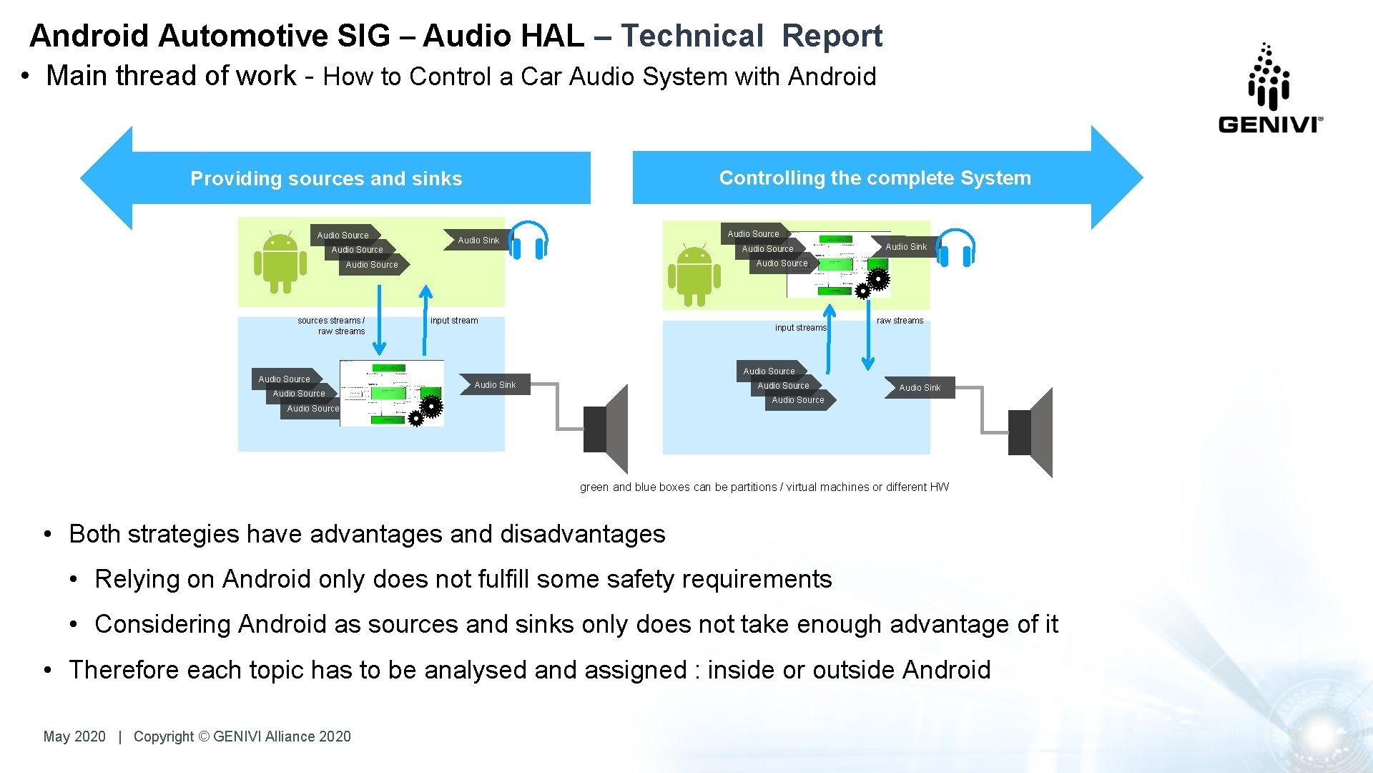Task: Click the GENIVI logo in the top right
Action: [x=1270, y=89]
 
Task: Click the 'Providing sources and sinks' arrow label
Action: [x=326, y=178]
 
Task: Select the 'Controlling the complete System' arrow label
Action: [x=875, y=178]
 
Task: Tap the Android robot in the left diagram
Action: [x=280, y=262]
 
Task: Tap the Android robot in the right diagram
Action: [x=694, y=276]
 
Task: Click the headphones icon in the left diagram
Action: [x=528, y=240]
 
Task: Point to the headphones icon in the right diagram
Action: [x=955, y=248]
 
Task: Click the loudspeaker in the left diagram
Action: [x=606, y=429]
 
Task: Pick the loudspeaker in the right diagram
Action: [x=1031, y=432]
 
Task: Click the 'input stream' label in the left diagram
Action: [x=454, y=321]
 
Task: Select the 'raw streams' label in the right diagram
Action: [x=900, y=321]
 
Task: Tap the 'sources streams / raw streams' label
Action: [x=332, y=326]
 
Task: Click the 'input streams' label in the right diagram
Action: [x=801, y=328]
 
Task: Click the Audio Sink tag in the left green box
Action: [x=478, y=240]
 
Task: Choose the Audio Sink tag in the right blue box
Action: [x=919, y=388]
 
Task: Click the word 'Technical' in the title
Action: [x=692, y=36]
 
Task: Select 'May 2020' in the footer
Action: [x=74, y=736]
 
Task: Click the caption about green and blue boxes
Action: [x=764, y=487]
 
